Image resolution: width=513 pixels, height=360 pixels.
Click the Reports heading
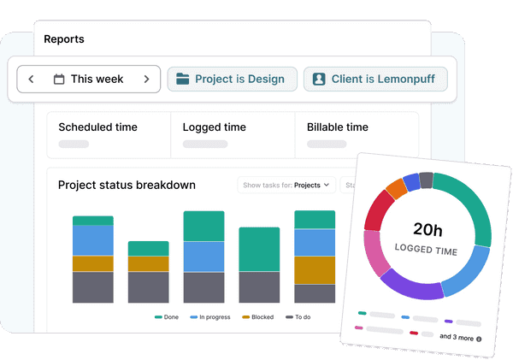(64, 39)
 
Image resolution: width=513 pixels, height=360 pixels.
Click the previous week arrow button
(31, 80)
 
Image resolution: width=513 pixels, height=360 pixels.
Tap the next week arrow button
(146, 80)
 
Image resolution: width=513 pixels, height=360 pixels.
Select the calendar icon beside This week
(59, 80)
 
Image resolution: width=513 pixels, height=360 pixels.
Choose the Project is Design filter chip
(232, 80)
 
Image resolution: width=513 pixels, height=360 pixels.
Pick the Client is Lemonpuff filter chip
(375, 80)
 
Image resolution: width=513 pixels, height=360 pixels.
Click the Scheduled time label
(97, 127)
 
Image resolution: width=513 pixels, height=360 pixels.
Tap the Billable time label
(338, 127)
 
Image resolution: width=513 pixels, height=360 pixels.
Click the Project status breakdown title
(127, 185)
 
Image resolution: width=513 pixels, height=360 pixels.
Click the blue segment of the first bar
(93, 240)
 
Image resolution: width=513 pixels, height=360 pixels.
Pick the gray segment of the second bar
(149, 287)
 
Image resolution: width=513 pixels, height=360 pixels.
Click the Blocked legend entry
(257, 317)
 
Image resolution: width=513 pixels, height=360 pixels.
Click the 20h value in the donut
(427, 229)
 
